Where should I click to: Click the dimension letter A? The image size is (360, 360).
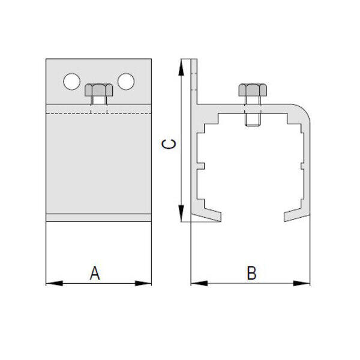tap(95, 273)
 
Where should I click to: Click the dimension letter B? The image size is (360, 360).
tap(251, 273)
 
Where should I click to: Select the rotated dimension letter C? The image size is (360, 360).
tap(169, 144)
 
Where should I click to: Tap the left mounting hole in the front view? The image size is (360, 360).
tap(71, 82)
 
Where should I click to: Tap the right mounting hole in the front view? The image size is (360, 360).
tap(126, 81)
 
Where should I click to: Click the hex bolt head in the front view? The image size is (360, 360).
tap(99, 90)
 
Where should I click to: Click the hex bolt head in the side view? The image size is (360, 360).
tap(253, 90)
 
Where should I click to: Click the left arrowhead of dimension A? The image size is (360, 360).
tap(55, 283)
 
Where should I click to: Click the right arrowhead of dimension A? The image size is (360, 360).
tap(143, 283)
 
